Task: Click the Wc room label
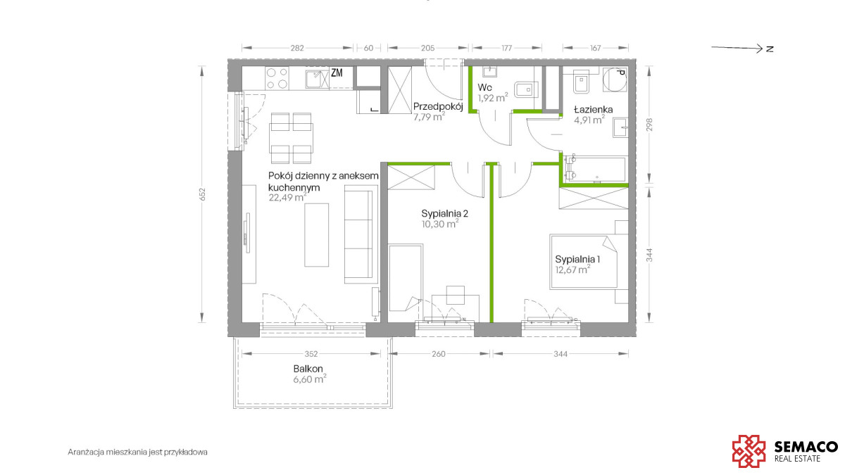pyautogui.click(x=484, y=87)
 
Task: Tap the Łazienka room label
pyautogui.click(x=593, y=110)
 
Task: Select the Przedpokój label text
pyautogui.click(x=438, y=107)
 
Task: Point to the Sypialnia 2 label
pyautogui.click(x=445, y=214)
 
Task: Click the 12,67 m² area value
pyautogui.click(x=572, y=269)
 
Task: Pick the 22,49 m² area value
pyautogui.click(x=287, y=197)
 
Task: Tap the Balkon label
pyautogui.click(x=308, y=369)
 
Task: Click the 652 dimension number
pyautogui.click(x=203, y=194)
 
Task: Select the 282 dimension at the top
pyautogui.click(x=297, y=49)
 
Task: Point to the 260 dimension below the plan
pyautogui.click(x=438, y=354)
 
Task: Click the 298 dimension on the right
pyautogui.click(x=649, y=125)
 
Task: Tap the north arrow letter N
pyautogui.click(x=770, y=49)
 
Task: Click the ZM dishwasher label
pyautogui.click(x=337, y=73)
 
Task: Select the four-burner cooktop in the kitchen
pyautogui.click(x=277, y=78)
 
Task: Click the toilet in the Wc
pyautogui.click(x=525, y=89)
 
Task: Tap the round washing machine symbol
pyautogui.click(x=615, y=80)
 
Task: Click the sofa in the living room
pyautogui.click(x=361, y=234)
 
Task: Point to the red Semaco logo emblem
pyautogui.click(x=749, y=451)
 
